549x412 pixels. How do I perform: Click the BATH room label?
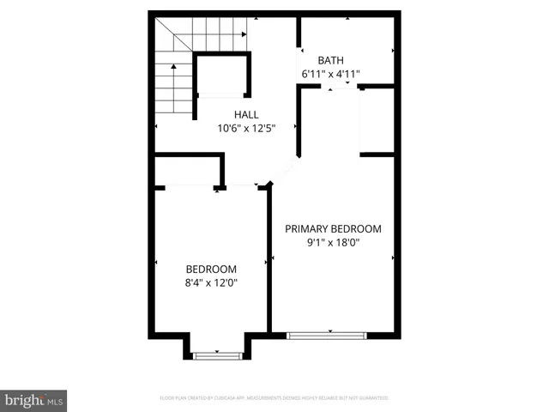click(x=330, y=60)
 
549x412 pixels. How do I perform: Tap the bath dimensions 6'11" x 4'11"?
click(x=330, y=74)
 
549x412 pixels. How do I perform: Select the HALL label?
click(x=246, y=114)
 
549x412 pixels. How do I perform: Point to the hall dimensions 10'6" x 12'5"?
click(x=246, y=129)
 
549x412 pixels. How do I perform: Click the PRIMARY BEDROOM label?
click(x=333, y=228)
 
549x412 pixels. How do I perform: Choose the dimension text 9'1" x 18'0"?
click(x=333, y=242)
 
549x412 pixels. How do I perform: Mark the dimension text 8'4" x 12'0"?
click(x=211, y=282)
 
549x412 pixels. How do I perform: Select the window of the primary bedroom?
click(x=326, y=335)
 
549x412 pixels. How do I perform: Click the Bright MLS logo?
click(x=34, y=400)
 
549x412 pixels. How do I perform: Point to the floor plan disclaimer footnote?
click(x=274, y=398)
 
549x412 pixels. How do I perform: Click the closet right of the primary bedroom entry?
click(x=377, y=120)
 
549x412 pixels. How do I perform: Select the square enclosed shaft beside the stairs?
click(x=223, y=75)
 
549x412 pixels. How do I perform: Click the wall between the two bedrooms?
click(x=269, y=257)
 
